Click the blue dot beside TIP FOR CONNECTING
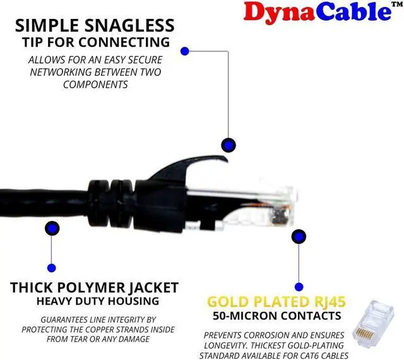[x=185, y=51]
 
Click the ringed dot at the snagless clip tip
[x=227, y=144]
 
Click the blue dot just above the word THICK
[x=51, y=268]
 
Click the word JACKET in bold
[x=156, y=288]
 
